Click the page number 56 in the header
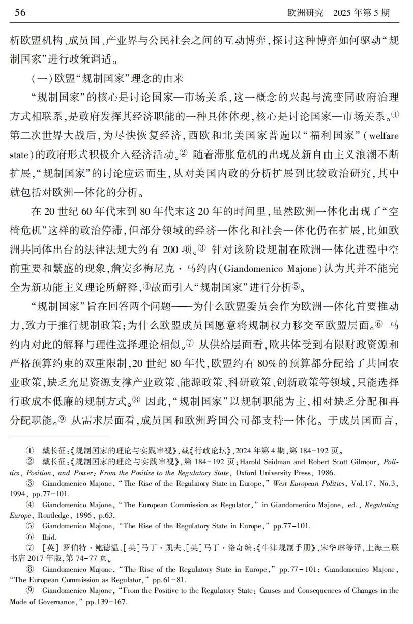pyautogui.click(x=20, y=13)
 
